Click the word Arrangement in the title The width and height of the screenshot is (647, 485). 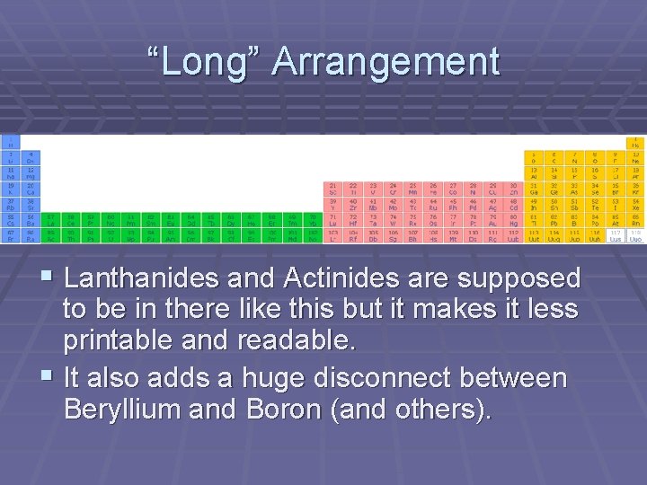(x=386, y=62)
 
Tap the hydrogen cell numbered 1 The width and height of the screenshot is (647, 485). (x=10, y=142)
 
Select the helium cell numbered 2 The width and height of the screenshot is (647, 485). (x=635, y=142)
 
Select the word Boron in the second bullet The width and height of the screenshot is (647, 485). (x=279, y=410)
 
